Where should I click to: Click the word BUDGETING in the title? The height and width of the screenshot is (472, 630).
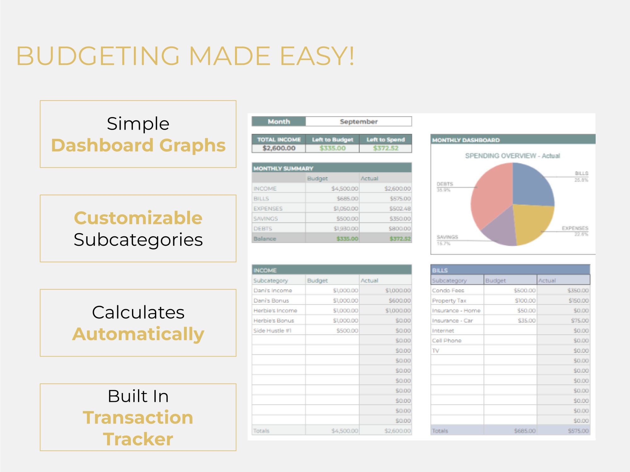pyautogui.click(x=98, y=56)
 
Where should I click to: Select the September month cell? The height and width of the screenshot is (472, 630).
pyautogui.click(x=358, y=121)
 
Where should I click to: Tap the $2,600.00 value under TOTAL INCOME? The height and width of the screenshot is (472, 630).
pyautogui.click(x=279, y=148)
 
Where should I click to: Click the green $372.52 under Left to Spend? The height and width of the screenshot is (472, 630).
pyautogui.click(x=386, y=148)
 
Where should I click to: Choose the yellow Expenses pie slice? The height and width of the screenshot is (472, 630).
pyautogui.click(x=532, y=223)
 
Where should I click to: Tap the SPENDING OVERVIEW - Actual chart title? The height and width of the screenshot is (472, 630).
pyautogui.click(x=513, y=156)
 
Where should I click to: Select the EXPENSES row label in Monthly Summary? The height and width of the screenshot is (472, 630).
pyautogui.click(x=268, y=209)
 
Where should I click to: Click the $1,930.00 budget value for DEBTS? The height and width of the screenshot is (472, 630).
pyautogui.click(x=346, y=228)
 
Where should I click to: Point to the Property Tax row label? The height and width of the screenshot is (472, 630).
pyautogui.click(x=449, y=301)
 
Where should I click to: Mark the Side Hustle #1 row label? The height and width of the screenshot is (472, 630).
pyautogui.click(x=272, y=331)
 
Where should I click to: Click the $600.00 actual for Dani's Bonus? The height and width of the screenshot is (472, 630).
pyautogui.click(x=399, y=301)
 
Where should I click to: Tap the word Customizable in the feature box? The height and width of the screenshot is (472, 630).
pyautogui.click(x=138, y=218)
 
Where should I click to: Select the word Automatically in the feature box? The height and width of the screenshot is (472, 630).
pyautogui.click(x=138, y=334)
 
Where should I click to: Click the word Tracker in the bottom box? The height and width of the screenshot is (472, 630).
pyautogui.click(x=138, y=439)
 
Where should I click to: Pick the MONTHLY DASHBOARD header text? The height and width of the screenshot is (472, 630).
pyautogui.click(x=466, y=140)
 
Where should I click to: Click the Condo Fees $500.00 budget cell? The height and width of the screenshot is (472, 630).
pyautogui.click(x=524, y=290)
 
